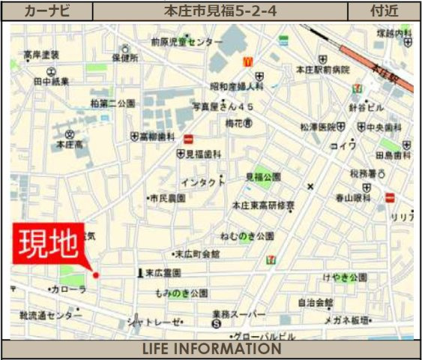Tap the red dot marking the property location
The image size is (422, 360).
pyautogui.click(x=95, y=275)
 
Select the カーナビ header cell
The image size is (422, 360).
pyautogui.click(x=48, y=11)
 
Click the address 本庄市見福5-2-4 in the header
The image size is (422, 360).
pyautogui.click(x=220, y=11)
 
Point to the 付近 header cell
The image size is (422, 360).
pyautogui.click(x=385, y=11)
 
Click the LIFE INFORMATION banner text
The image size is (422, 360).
pyautogui.click(x=211, y=349)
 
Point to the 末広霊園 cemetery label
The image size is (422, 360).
pyautogui.click(x=160, y=274)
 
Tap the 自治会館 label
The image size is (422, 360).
pyautogui.click(x=315, y=303)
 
